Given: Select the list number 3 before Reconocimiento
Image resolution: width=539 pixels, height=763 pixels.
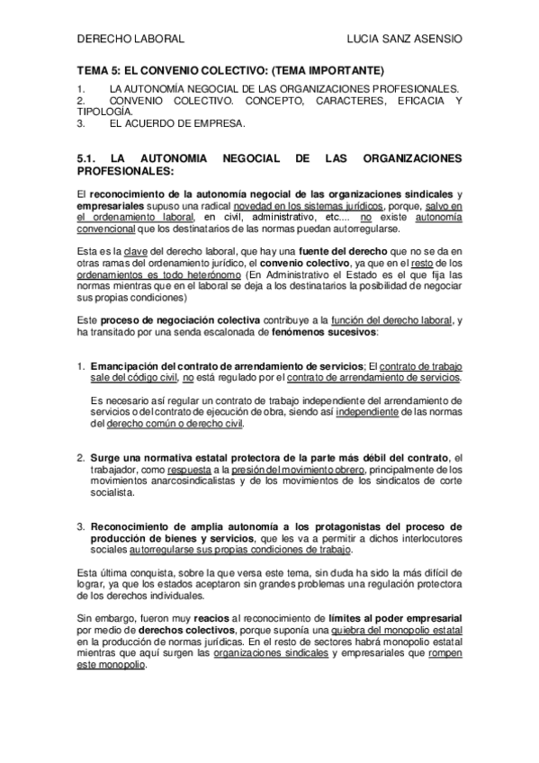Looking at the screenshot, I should pos(80,526).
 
